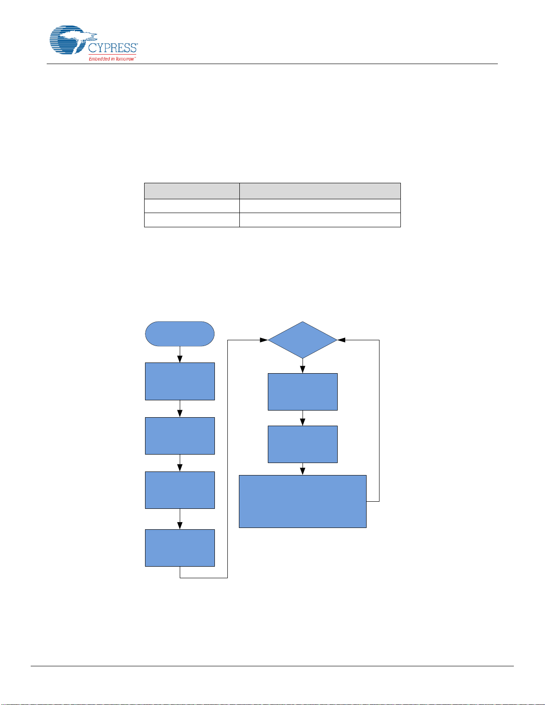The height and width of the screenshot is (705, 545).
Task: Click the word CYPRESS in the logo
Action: [x=113, y=48]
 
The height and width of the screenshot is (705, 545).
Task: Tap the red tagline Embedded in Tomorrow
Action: [x=112, y=59]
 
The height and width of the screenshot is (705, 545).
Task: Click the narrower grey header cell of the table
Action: [x=192, y=191]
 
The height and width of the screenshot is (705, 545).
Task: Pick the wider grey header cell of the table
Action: [x=320, y=191]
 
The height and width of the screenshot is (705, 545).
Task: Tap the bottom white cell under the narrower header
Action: [x=192, y=220]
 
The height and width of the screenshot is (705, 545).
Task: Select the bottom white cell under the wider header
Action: [x=320, y=220]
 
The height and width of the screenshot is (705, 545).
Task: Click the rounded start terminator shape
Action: [x=180, y=334]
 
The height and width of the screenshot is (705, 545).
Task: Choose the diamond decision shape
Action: [x=303, y=340]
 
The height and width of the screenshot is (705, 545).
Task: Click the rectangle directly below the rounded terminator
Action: [x=180, y=381]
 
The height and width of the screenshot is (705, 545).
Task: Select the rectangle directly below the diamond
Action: [x=303, y=391]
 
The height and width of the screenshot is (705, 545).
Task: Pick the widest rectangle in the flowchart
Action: [x=303, y=501]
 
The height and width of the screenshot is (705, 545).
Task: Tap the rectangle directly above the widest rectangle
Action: [x=303, y=444]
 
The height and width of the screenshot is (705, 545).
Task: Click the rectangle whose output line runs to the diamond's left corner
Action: [x=180, y=548]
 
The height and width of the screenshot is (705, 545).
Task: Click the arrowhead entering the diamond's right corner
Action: [x=342, y=340]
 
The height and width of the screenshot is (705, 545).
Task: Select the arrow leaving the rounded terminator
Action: [x=180, y=355]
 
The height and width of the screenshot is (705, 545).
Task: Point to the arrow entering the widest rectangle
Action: [x=303, y=469]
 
